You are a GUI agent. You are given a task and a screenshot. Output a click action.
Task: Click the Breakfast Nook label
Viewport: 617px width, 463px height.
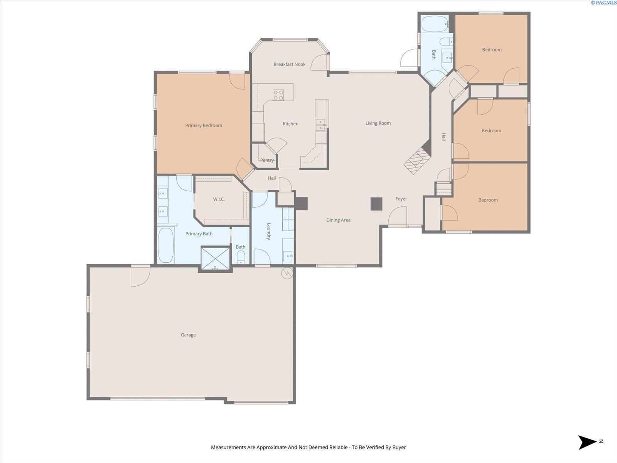coord(289,64)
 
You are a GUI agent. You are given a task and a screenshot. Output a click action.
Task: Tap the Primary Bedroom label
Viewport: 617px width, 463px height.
coord(204,125)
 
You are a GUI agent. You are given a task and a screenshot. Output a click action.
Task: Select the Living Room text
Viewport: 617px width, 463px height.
coord(378,123)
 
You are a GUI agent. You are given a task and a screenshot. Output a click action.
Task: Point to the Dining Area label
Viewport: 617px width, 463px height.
coord(338,220)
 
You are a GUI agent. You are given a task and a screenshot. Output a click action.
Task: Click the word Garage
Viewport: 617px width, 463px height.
coord(188,335)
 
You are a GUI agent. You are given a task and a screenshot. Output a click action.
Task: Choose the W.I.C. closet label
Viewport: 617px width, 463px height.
coord(219,199)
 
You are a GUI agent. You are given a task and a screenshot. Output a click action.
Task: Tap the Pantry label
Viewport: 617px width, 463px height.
coord(267,160)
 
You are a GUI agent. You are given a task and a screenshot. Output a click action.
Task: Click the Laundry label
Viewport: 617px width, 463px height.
coord(269,231)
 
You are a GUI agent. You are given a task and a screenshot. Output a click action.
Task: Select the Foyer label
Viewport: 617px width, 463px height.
coord(401,199)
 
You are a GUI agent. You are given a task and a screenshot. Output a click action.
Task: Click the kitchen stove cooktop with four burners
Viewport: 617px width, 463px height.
coord(278,95)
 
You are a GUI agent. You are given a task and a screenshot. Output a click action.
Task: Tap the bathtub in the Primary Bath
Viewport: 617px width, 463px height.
coord(165,245)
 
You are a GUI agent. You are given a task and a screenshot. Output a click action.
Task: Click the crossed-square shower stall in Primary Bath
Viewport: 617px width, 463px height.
coord(215,259)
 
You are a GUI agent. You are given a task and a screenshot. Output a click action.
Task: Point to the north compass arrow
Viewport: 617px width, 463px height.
coord(587,442)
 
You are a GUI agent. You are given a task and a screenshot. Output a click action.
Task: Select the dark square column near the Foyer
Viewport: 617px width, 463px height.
coord(376,204)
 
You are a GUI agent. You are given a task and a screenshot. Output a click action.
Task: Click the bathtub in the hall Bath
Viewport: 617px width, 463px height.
coord(435,24)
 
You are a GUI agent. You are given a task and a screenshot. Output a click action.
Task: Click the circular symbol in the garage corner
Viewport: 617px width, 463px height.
coord(287,273)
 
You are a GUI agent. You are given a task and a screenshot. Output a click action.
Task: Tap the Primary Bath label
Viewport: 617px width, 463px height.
coord(199,233)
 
